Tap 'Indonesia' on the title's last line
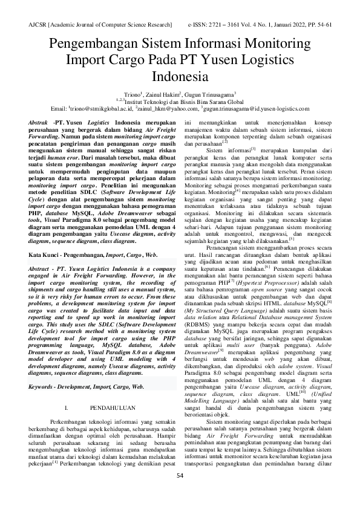coord(180,76)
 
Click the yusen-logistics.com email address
coord(260,109)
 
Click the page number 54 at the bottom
coord(180,493)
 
